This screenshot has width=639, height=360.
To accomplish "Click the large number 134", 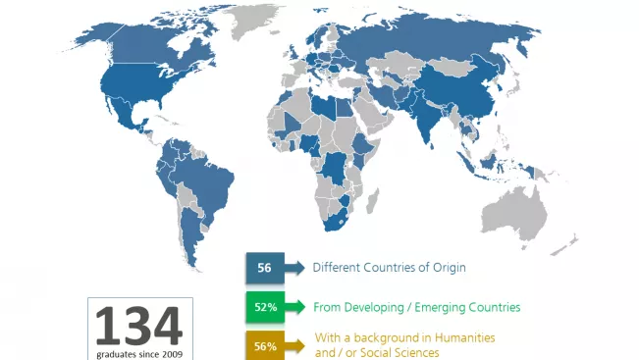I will click(x=138, y=326).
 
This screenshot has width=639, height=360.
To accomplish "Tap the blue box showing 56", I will click(x=263, y=267).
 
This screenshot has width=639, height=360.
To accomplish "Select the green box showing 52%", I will click(x=263, y=307).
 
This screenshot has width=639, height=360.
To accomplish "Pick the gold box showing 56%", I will click(x=263, y=345).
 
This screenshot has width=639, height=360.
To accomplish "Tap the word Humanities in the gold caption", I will click(x=461, y=336).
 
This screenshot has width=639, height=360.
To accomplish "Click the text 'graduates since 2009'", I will click(x=138, y=352).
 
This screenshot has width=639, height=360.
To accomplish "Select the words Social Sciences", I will click(x=399, y=352).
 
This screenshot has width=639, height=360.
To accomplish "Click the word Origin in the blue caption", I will click(x=450, y=267).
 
